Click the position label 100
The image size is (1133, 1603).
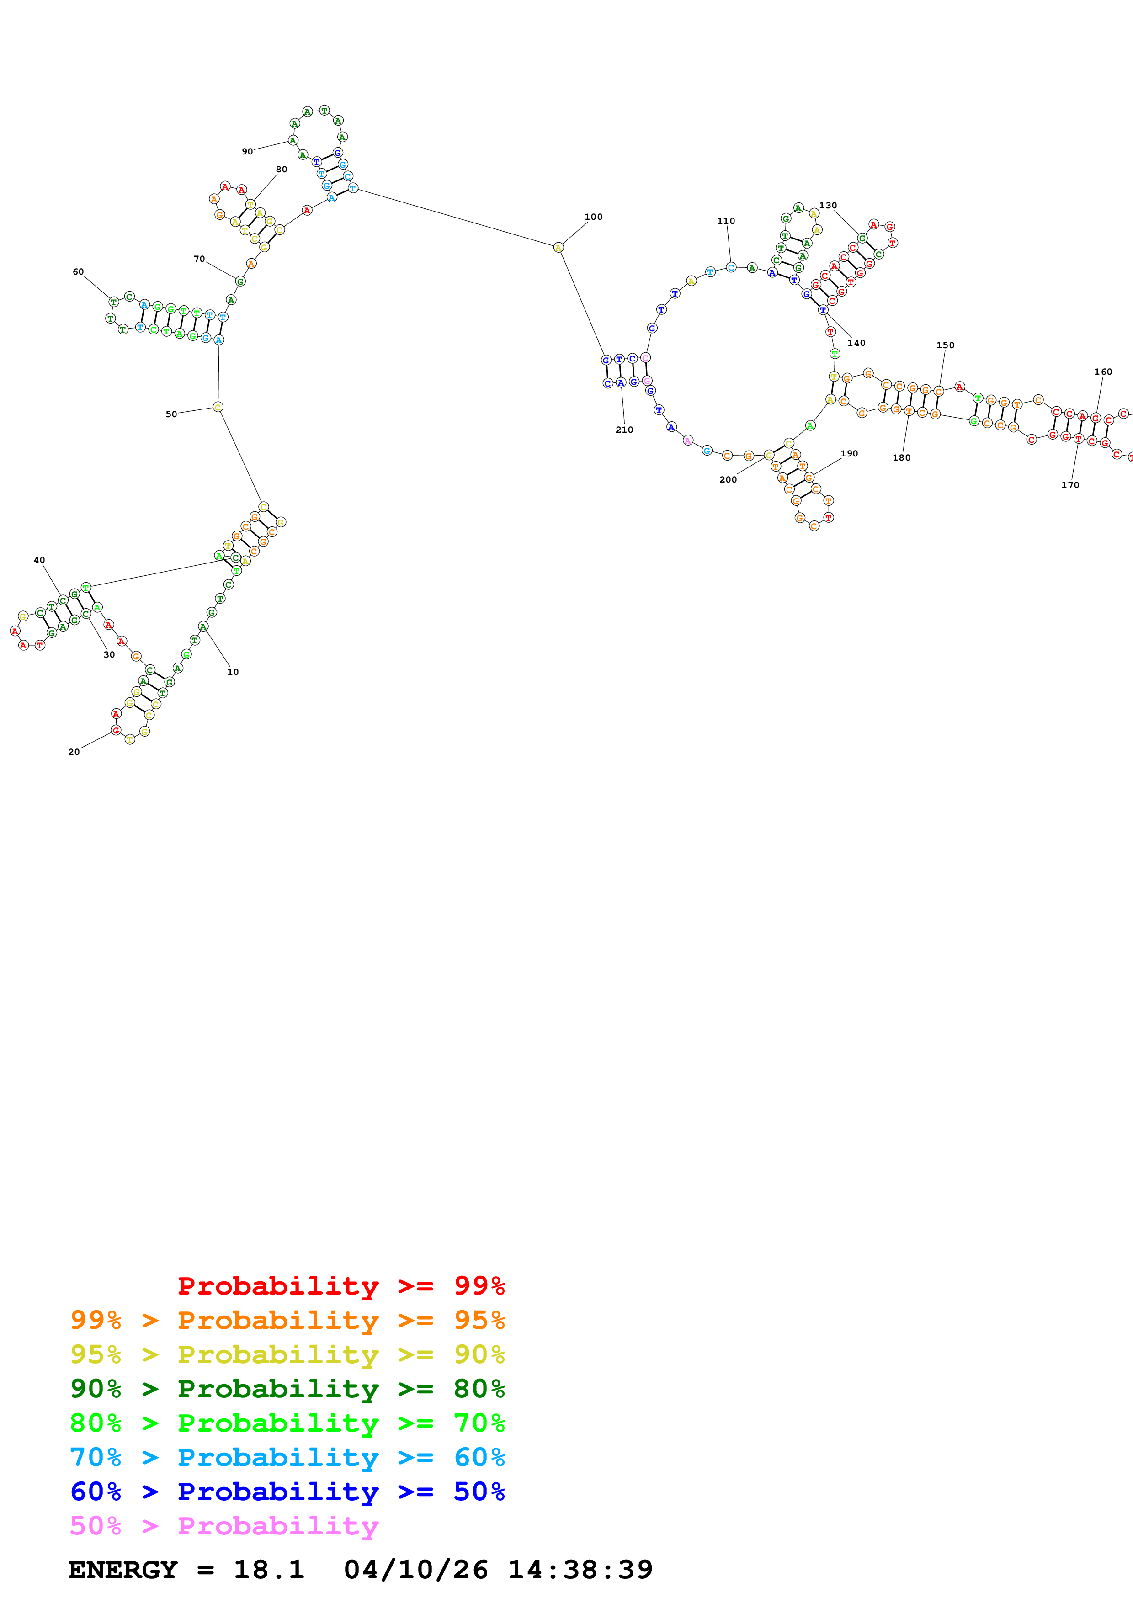pos(593,217)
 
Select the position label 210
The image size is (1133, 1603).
pos(624,430)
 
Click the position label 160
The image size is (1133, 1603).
pos(1103,372)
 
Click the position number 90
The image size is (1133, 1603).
pos(247,152)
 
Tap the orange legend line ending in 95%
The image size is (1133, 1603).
pos(287,1320)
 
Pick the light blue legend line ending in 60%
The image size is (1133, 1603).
pos(287,1458)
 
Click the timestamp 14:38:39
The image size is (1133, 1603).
pos(580,1570)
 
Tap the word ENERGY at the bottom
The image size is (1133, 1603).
pos(123,1570)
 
